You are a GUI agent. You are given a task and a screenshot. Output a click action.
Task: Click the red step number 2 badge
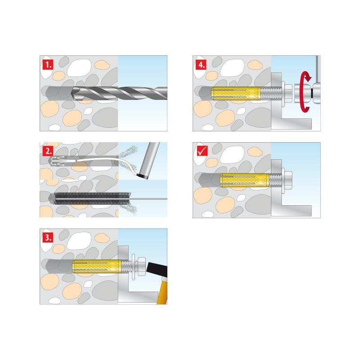[48, 150]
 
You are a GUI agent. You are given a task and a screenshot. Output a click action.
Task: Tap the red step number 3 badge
[48, 237]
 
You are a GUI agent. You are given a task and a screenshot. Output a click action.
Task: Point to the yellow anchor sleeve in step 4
[238, 93]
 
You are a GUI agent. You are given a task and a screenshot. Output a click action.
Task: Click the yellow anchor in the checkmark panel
[243, 180]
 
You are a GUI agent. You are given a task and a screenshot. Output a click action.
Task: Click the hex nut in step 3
[140, 265]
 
